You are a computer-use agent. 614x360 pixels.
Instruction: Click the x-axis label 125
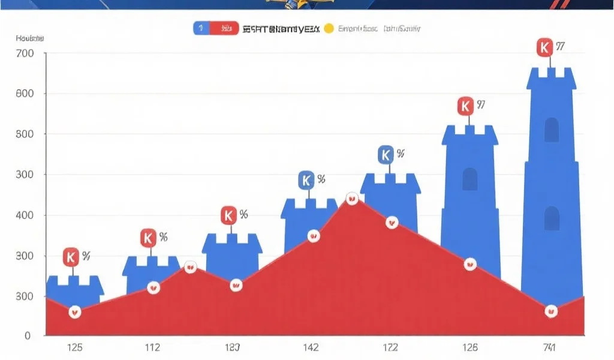point(75,347)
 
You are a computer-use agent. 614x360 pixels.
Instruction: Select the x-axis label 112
point(152,347)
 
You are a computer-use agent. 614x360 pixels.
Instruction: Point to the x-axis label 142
point(311,347)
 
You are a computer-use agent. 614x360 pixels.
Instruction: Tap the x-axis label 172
point(390,347)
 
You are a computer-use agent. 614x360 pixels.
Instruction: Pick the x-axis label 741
point(549,347)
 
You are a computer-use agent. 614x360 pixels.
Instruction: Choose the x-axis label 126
point(469,347)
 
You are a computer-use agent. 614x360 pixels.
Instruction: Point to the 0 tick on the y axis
point(28,336)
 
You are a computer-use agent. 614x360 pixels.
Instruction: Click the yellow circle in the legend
point(328,28)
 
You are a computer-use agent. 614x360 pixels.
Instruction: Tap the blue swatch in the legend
point(201,28)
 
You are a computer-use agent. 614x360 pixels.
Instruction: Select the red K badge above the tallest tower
point(544,47)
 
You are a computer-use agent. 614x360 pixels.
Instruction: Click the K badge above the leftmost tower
point(71,257)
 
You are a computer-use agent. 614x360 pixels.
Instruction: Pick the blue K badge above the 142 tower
point(306,179)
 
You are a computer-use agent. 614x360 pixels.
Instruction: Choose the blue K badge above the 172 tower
point(386,155)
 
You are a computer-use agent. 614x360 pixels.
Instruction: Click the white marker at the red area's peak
point(352,199)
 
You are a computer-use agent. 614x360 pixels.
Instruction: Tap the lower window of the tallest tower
point(551,218)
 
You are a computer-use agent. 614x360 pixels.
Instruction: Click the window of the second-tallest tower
point(469,179)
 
